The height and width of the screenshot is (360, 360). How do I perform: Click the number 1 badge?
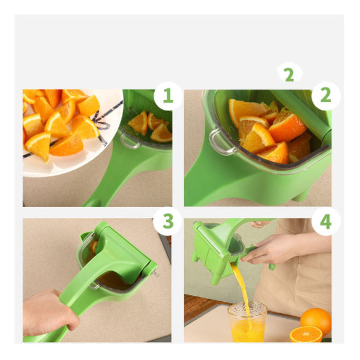[168, 95]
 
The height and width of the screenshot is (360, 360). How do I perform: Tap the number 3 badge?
[168, 221]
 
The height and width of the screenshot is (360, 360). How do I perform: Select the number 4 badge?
[326, 221]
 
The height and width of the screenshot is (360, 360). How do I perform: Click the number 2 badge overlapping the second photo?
[326, 95]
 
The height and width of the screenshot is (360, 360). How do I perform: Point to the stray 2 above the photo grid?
[290, 74]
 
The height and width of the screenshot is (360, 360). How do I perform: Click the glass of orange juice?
[247, 322]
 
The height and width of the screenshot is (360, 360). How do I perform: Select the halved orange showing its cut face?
[306, 334]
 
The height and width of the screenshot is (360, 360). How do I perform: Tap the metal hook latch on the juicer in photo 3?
[155, 273]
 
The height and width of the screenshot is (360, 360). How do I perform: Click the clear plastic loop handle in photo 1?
[130, 141]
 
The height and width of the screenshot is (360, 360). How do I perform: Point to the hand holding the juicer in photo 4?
[269, 249]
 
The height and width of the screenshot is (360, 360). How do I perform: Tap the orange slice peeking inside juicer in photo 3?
[94, 247]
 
